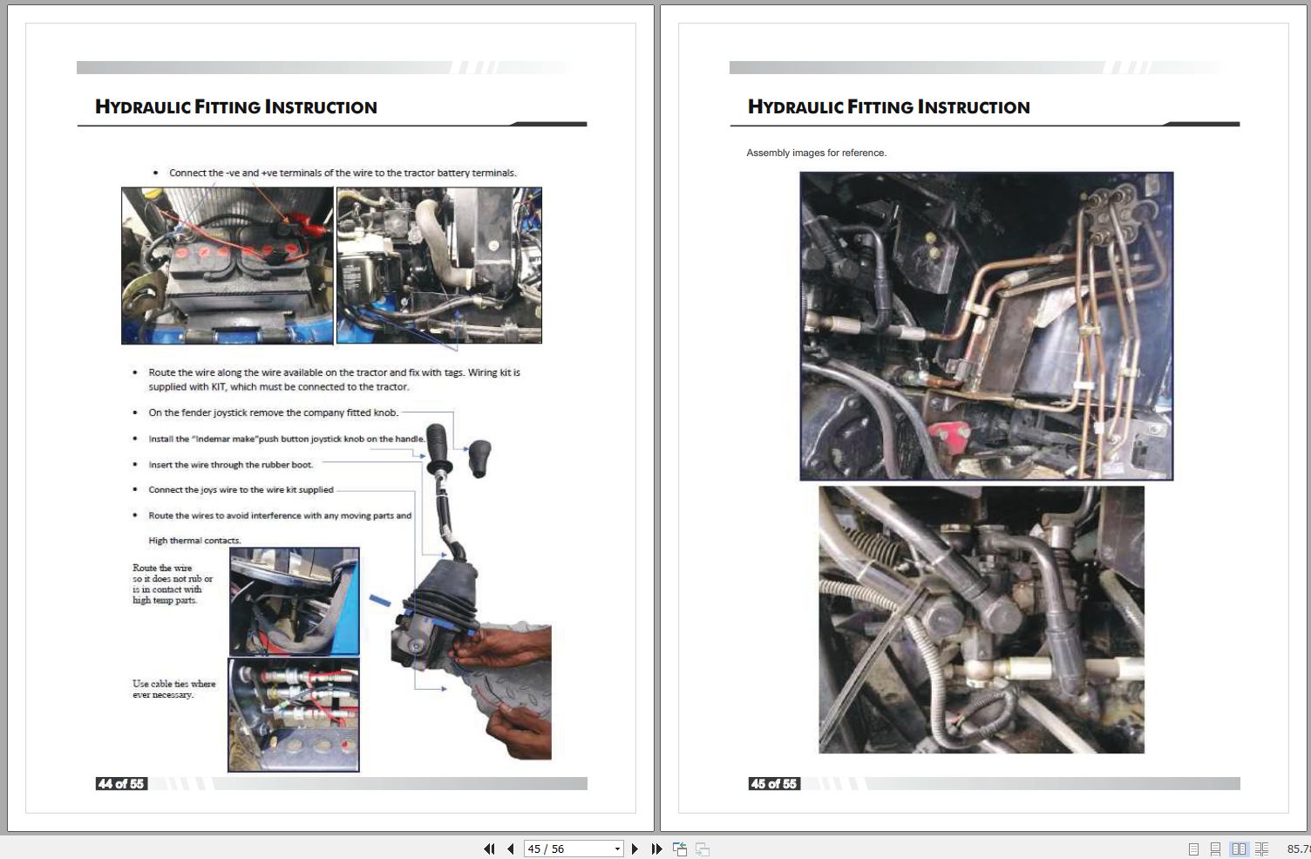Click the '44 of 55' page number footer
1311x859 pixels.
tap(121, 784)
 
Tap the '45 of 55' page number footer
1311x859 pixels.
tap(774, 784)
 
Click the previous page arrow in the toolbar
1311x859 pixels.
tap(511, 849)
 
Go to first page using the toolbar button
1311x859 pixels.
tap(489, 849)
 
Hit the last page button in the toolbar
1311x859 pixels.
tap(657, 849)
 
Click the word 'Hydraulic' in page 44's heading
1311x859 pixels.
tap(142, 107)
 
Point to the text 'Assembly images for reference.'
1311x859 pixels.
tap(816, 153)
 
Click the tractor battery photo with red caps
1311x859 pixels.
tap(227, 265)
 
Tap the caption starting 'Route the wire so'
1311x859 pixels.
tap(172, 583)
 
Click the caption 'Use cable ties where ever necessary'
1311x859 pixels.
tap(173, 689)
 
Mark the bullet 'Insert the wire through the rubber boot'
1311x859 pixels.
tap(230, 465)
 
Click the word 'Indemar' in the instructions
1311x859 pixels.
tap(213, 439)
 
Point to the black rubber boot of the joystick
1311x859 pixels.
tap(436, 602)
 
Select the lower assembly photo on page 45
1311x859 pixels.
tap(981, 619)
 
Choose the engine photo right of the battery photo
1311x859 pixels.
tap(438, 265)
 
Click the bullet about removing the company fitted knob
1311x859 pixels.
tap(273, 412)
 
